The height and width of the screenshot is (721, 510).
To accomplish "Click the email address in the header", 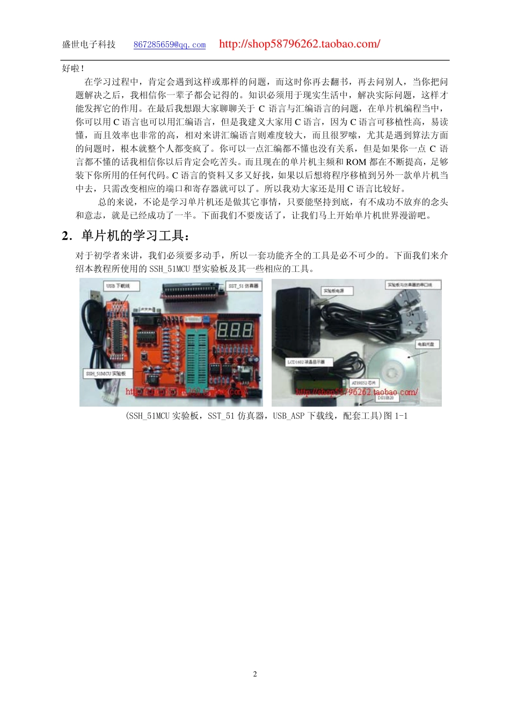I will click(x=170, y=45).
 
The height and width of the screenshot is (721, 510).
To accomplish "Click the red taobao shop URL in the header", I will click(x=300, y=44).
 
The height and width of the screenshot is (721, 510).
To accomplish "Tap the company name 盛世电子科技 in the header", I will click(x=89, y=45).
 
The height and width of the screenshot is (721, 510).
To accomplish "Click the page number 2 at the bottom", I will click(x=255, y=674).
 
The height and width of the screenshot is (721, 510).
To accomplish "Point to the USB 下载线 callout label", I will click(x=118, y=286).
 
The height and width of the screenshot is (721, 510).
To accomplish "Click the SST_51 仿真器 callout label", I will click(x=243, y=286).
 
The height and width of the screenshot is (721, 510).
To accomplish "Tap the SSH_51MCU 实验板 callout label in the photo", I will click(x=106, y=373).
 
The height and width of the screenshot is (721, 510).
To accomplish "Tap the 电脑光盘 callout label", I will click(x=425, y=344).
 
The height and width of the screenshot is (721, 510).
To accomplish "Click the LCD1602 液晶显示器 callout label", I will click(x=305, y=362).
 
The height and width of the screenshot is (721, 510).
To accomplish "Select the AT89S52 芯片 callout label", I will click(x=364, y=382).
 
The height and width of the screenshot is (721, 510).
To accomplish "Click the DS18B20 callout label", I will click(x=385, y=398).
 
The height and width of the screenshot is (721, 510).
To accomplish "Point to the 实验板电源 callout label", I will click(x=337, y=291).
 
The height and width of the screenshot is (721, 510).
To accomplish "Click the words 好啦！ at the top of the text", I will click(x=73, y=69).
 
